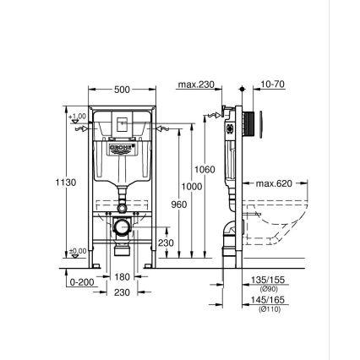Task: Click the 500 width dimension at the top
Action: coord(123,89)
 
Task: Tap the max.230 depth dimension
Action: coord(197,85)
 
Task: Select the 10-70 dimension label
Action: coord(272,85)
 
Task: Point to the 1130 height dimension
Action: coord(65,183)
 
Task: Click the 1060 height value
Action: coord(205,170)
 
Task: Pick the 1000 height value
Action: coord(193,187)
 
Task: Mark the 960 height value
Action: coord(178,204)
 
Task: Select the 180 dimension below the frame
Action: coord(123,277)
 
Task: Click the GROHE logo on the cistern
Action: coord(123,149)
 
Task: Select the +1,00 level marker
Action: coord(78,117)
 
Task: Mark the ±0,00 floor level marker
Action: coord(78,251)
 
